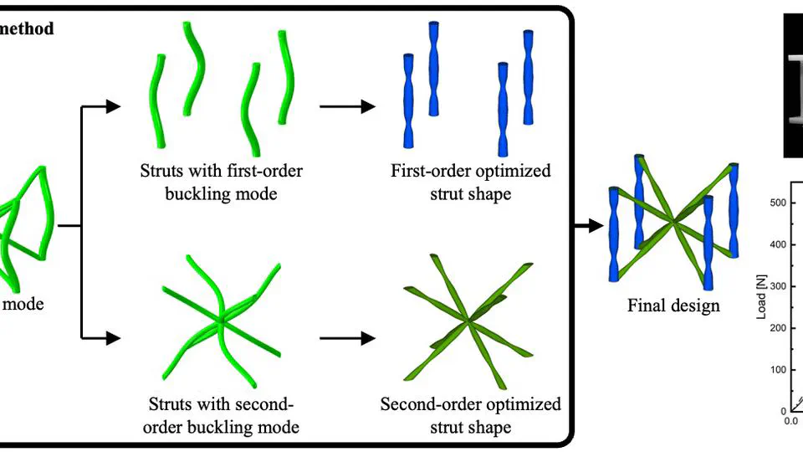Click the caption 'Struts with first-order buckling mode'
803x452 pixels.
click(222, 182)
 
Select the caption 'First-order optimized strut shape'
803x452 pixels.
click(471, 182)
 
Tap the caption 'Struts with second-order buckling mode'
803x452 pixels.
click(222, 415)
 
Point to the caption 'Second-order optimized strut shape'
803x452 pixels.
click(471, 415)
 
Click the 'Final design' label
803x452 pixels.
click(673, 306)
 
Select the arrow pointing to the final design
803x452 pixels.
click(590, 225)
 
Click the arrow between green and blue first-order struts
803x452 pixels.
click(346, 106)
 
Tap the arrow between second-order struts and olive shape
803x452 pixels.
click(346, 339)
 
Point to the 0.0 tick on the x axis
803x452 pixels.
click(790, 421)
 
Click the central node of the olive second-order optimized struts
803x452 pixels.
click(468, 321)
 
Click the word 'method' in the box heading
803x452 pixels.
click(27, 29)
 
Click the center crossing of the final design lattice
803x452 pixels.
click(673, 222)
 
